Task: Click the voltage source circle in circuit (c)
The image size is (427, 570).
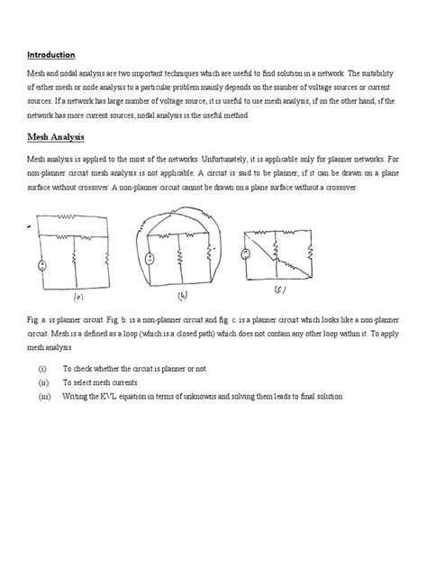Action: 246,253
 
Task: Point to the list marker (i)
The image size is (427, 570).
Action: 41,370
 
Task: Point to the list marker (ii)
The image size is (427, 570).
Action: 41,383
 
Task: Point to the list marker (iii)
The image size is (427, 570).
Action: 42,397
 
